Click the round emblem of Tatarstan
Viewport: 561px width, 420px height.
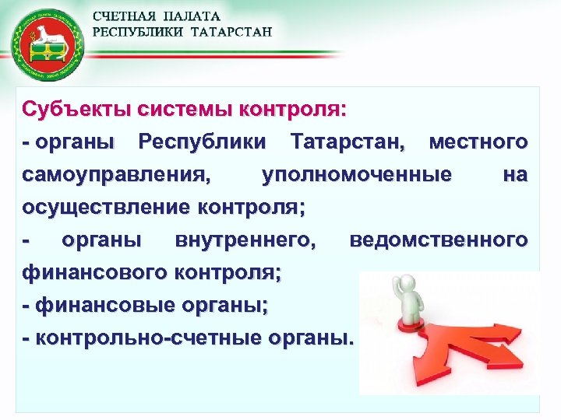(45, 44)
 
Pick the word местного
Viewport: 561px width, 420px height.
(478, 142)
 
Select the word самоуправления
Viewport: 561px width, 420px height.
(116, 175)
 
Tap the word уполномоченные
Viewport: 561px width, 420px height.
(356, 175)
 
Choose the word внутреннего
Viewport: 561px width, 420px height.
(246, 240)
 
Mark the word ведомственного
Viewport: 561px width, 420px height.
(439, 240)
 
